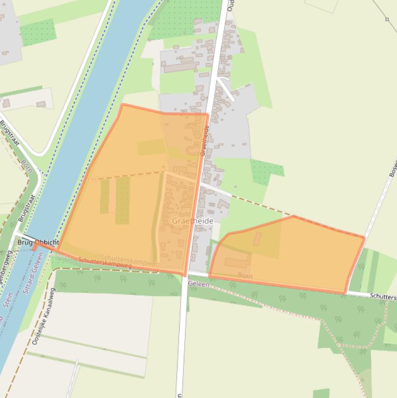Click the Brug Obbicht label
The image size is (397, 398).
[x=38, y=242]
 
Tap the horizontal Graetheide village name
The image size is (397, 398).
[x=193, y=221]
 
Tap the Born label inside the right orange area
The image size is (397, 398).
[x=245, y=275]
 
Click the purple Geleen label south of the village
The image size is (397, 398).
[x=199, y=284]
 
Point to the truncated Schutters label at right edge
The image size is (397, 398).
[x=383, y=297]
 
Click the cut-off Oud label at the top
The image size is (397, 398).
[x=231, y=5]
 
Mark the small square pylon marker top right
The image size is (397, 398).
[x=387, y=19]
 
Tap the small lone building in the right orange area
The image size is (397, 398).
[x=257, y=238]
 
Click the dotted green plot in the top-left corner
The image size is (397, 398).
[x=38, y=32]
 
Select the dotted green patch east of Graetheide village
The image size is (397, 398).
[x=267, y=171]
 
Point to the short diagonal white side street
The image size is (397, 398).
[x=225, y=88]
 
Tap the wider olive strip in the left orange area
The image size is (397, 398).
[x=122, y=200]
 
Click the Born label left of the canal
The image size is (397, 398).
[x=26, y=166]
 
